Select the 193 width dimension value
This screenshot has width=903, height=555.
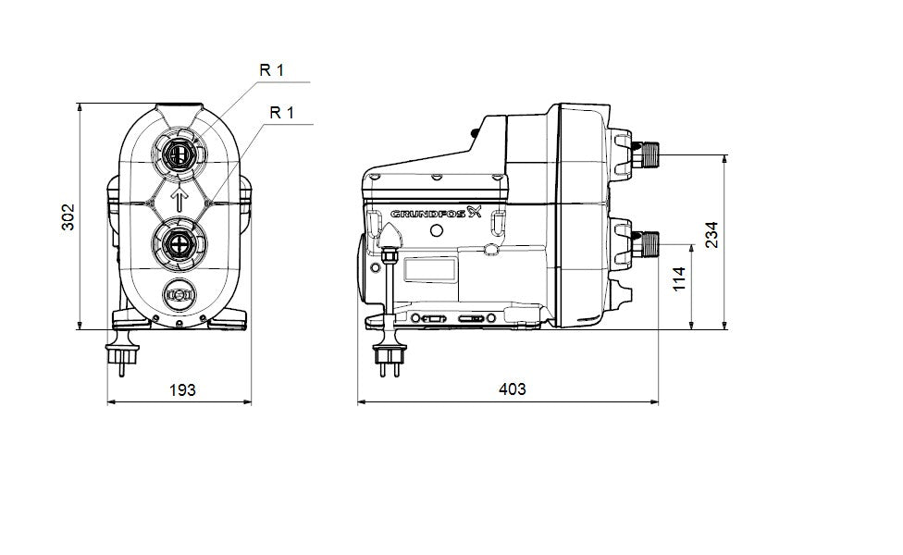182,389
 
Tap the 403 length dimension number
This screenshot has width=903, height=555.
512,389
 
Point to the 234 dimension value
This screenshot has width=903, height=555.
711,236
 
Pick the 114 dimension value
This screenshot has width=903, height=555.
679,279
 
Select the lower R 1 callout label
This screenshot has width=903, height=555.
281,113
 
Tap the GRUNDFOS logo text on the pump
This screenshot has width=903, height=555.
430,214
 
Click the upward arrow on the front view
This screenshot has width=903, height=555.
180,198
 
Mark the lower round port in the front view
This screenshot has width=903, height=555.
179,245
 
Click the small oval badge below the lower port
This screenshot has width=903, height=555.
179,295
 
